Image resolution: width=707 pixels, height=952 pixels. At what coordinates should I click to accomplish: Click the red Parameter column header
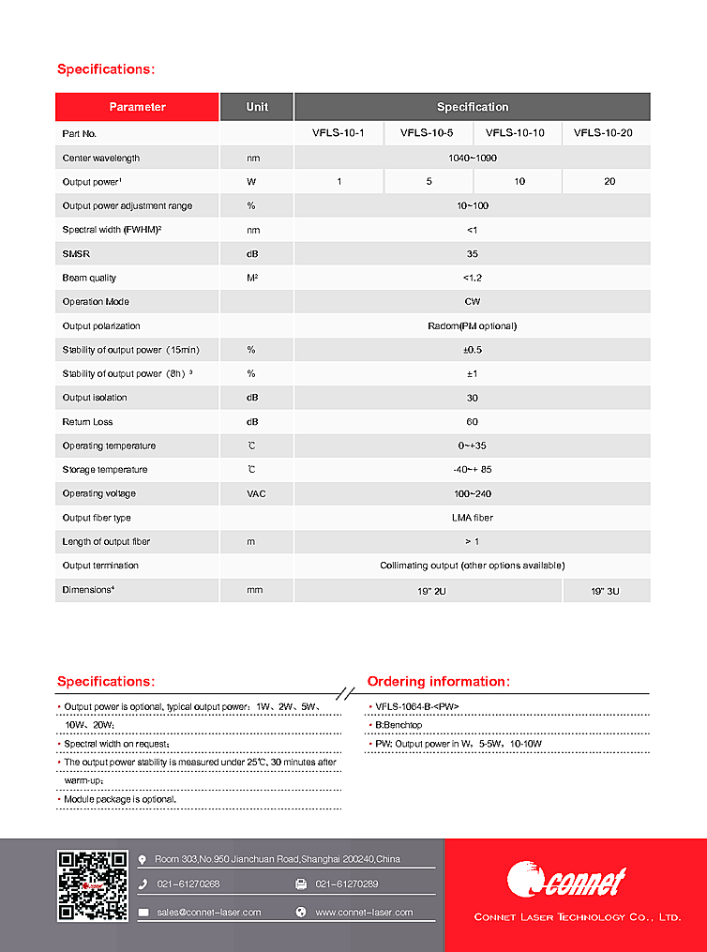[137, 107]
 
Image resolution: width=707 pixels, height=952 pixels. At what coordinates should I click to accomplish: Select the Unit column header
[257, 107]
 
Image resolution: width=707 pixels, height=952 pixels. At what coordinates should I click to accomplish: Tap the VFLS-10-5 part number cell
[427, 133]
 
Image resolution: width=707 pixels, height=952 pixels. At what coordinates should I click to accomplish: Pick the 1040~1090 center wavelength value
[472, 158]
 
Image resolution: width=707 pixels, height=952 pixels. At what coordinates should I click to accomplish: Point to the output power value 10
[519, 182]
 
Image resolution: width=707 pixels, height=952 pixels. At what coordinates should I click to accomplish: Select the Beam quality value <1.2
[472, 278]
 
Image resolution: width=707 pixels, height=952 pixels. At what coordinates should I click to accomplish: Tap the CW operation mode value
[472, 302]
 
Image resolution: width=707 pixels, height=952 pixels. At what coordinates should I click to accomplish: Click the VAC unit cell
[257, 493]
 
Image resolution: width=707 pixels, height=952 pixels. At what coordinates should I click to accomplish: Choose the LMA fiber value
[472, 518]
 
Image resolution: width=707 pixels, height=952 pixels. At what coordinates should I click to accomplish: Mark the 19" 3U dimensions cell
[606, 590]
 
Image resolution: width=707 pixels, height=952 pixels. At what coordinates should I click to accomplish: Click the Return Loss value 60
[472, 422]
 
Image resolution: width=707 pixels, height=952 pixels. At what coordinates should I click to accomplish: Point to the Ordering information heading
[439, 682]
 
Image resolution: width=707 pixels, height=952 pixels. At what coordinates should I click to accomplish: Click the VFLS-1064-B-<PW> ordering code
[417, 706]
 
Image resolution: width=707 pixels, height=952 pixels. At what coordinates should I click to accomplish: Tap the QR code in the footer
[92, 885]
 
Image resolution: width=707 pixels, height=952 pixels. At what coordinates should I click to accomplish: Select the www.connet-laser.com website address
[364, 912]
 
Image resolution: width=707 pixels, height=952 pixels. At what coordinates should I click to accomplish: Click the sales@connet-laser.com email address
[208, 912]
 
